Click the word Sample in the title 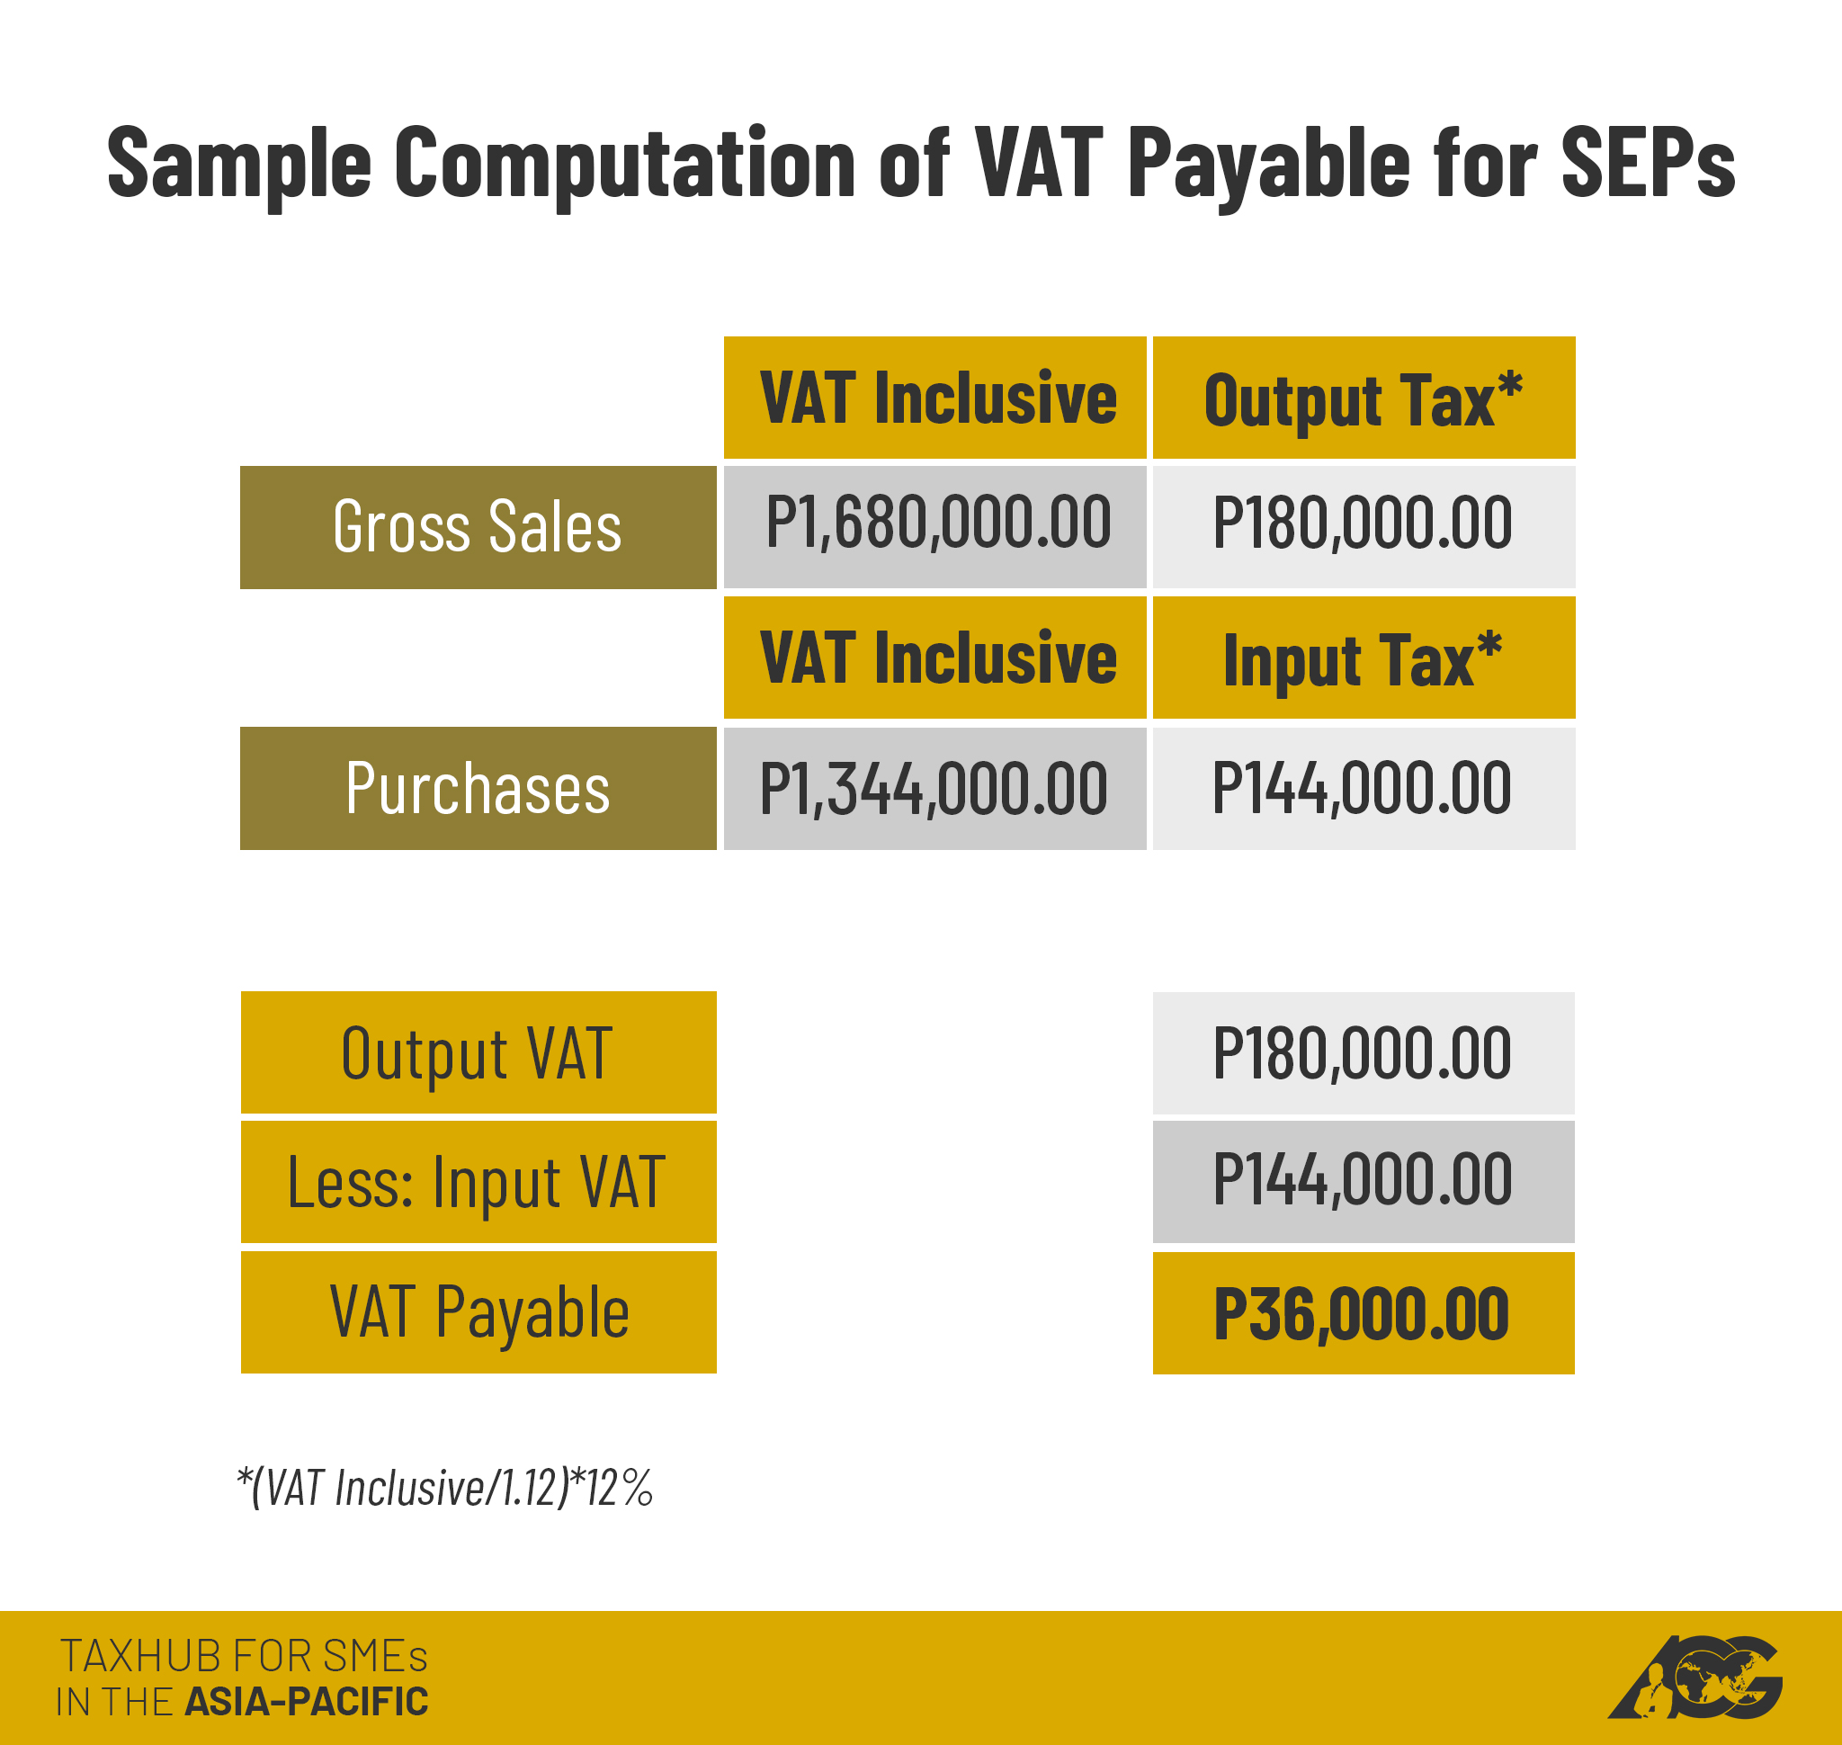click(239, 164)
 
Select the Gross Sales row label click(478, 527)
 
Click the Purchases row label click(478, 788)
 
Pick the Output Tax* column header click(1363, 398)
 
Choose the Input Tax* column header click(1363, 658)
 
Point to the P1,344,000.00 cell click(935, 788)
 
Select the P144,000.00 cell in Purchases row click(1363, 788)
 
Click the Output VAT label click(478, 1053)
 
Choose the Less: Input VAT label click(478, 1181)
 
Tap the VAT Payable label click(478, 1311)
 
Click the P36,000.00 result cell click(1363, 1313)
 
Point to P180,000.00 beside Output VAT click(1363, 1053)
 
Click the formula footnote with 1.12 click(444, 1487)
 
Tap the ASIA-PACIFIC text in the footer click(306, 1702)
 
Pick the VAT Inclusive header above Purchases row click(935, 658)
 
